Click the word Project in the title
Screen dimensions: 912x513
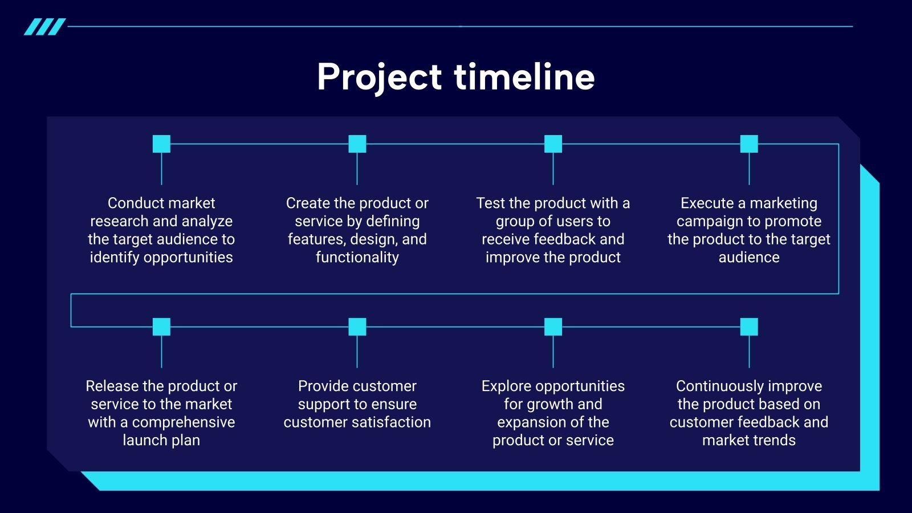tap(379, 78)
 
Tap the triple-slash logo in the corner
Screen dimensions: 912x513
tap(45, 27)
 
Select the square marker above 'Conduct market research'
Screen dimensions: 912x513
tap(161, 144)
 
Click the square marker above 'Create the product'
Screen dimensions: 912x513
tap(357, 144)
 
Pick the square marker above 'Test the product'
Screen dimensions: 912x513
tap(553, 144)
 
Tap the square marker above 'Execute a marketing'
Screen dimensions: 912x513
tap(749, 144)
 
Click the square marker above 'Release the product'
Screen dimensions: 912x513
tap(161, 327)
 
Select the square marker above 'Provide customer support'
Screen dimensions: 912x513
tap(357, 327)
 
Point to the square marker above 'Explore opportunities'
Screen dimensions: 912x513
tap(553, 327)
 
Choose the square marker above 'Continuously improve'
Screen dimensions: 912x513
tap(749, 327)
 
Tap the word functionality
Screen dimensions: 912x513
tap(357, 258)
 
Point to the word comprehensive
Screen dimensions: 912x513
tap(184, 422)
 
